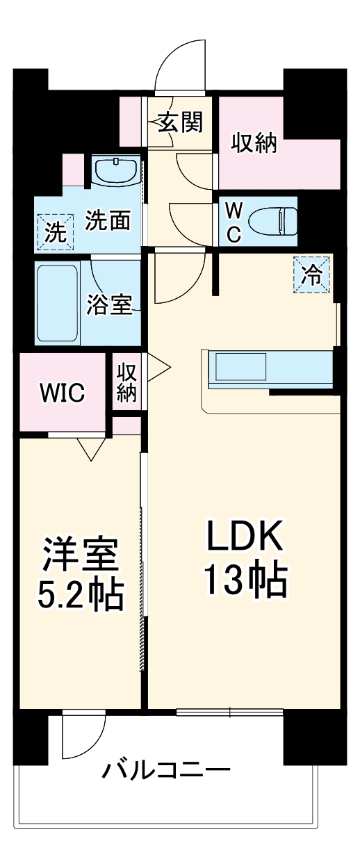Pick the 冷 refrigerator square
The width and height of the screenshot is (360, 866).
coord(312,275)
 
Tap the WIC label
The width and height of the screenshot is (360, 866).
coord(62,393)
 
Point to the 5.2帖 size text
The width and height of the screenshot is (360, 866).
coord(81,594)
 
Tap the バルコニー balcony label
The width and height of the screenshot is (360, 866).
coord(167,770)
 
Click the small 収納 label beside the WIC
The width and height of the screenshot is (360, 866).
coord(126,381)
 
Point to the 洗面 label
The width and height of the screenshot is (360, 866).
coord(108,221)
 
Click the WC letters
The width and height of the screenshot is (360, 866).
coord(234,222)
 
